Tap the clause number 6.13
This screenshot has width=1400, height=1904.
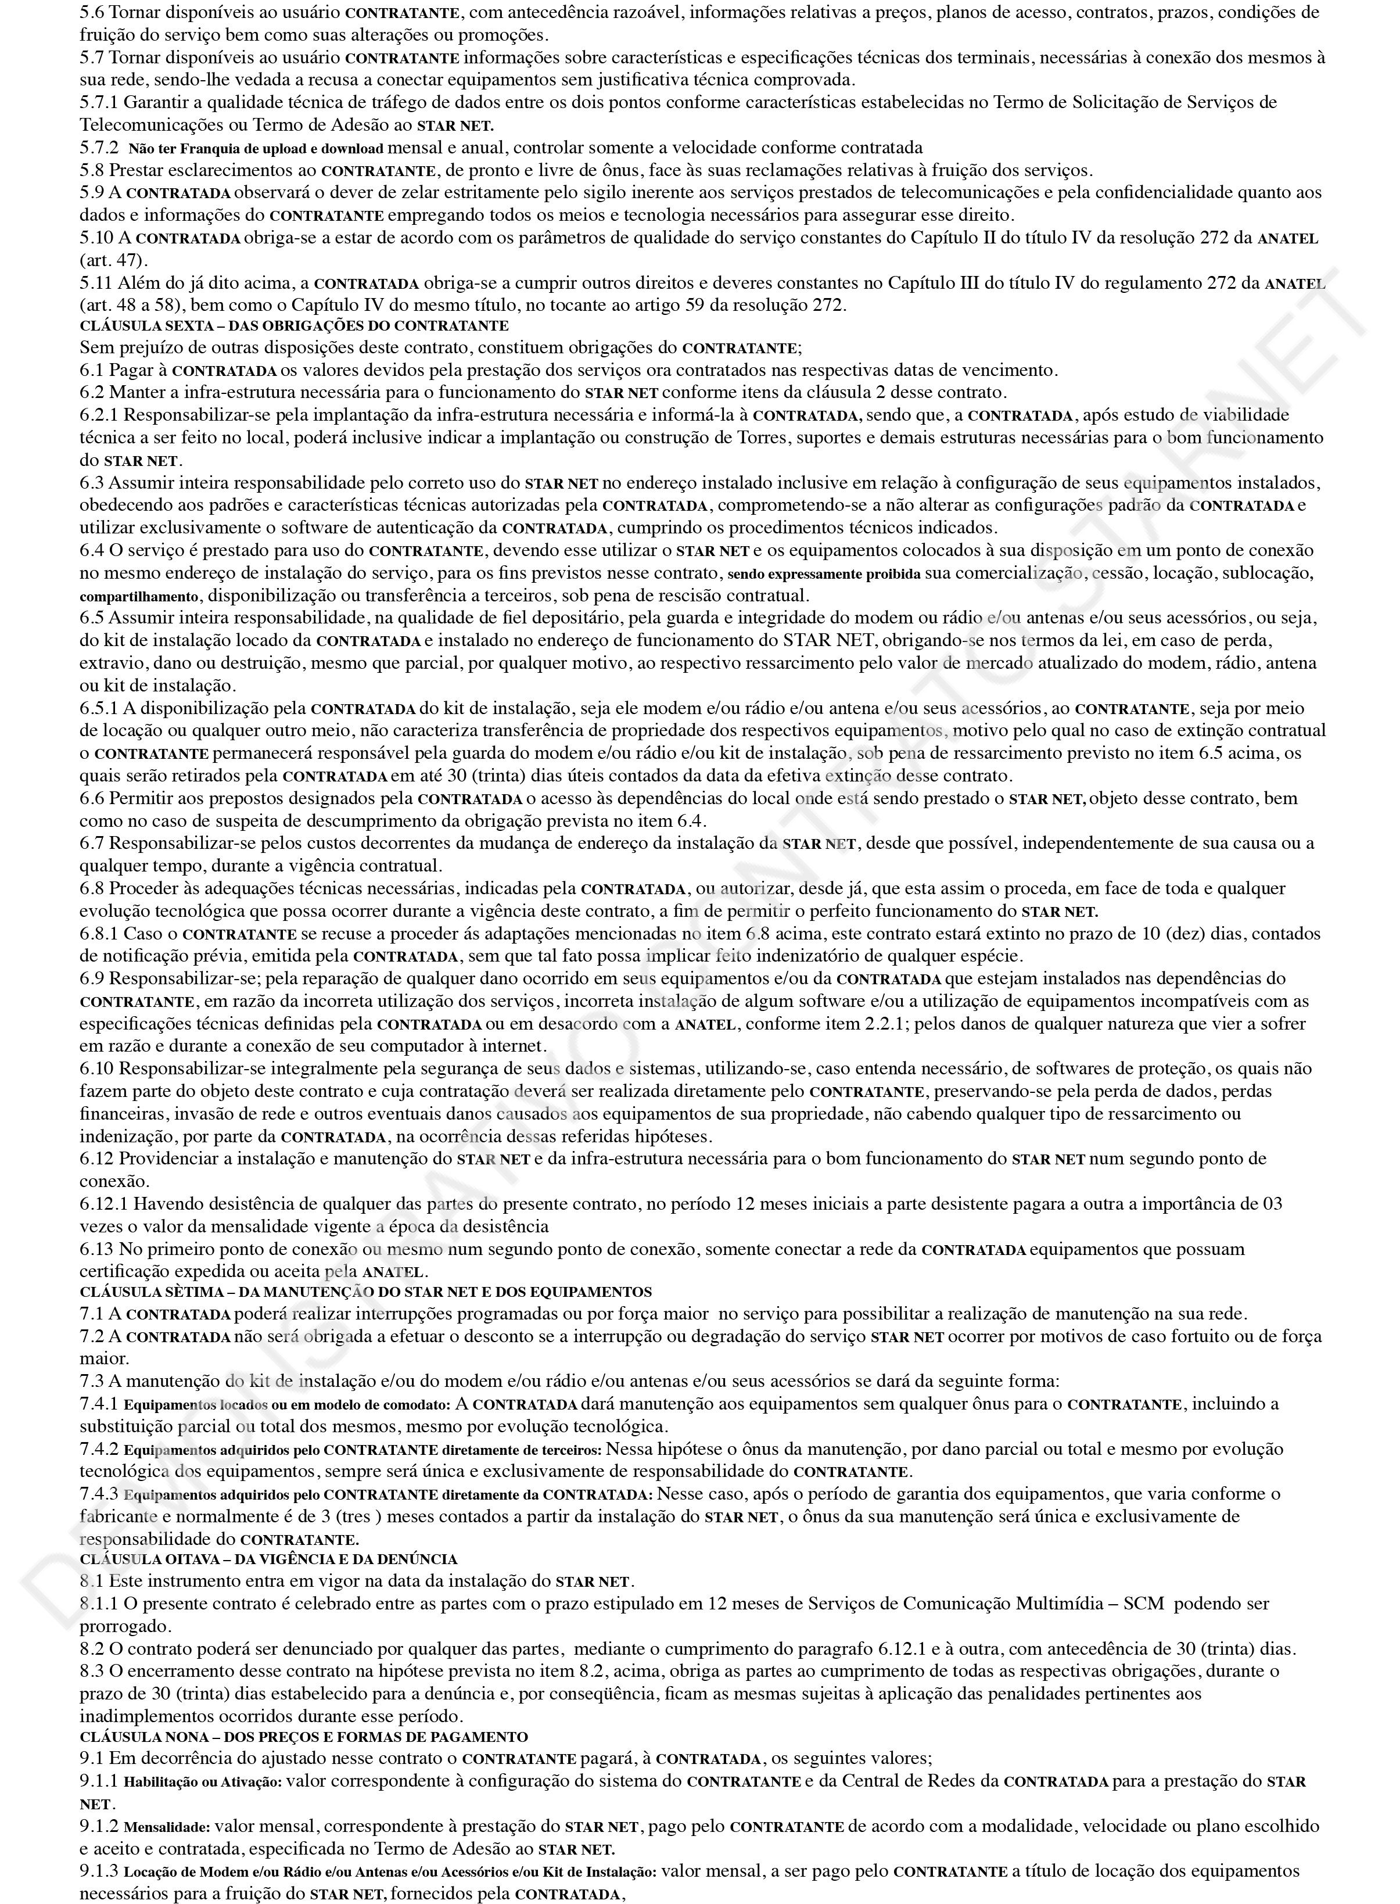click(x=96, y=1249)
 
